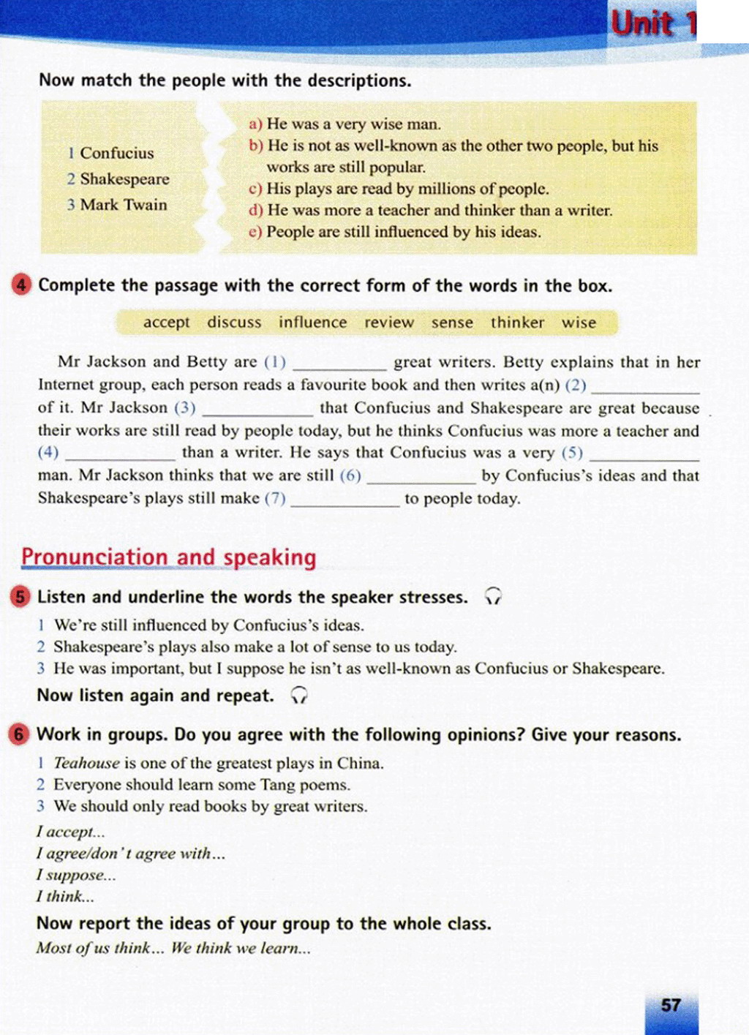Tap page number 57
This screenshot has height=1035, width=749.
tap(671, 1005)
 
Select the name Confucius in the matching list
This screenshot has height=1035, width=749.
tap(116, 153)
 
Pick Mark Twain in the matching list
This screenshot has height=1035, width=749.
tap(124, 205)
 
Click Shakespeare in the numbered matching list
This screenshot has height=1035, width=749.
tap(124, 179)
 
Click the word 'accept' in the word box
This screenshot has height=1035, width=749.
tap(166, 323)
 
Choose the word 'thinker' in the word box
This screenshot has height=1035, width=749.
tap(517, 323)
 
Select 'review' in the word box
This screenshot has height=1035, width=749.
tap(389, 323)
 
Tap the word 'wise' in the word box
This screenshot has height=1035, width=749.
tap(579, 323)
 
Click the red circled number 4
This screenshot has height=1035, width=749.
tap(22, 285)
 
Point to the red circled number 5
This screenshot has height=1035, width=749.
tap(20, 597)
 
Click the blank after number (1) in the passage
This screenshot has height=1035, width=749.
tap(339, 364)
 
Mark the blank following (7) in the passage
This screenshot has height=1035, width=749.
tap(345, 501)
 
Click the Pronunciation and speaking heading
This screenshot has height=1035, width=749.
tap(169, 557)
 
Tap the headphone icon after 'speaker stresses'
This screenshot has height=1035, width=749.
tap(493, 597)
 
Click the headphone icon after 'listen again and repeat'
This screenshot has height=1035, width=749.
tap(299, 696)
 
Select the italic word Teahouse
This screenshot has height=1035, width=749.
tap(86, 763)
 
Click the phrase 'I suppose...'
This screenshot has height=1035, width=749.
tap(76, 875)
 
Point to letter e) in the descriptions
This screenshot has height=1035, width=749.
tap(255, 233)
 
